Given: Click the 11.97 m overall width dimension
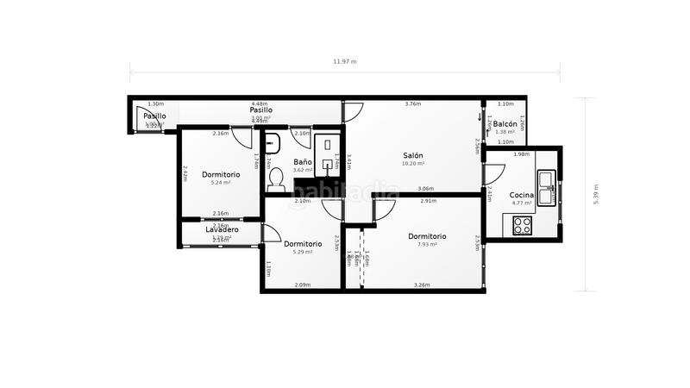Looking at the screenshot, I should pyautogui.click(x=345, y=62).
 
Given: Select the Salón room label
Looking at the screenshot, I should pyautogui.click(x=412, y=156).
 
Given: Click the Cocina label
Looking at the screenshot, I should pyautogui.click(x=521, y=196).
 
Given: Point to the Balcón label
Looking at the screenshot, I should pyautogui.click(x=505, y=124).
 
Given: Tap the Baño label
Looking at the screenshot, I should pyautogui.click(x=302, y=161).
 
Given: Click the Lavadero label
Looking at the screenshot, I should pyautogui.click(x=222, y=230).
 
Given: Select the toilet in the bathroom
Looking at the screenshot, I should pyautogui.click(x=276, y=178).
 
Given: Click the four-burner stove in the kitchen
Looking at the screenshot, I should pyautogui.click(x=523, y=225).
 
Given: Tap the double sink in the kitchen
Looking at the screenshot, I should pyautogui.click(x=546, y=181).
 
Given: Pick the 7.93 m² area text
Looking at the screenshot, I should pyautogui.click(x=427, y=244).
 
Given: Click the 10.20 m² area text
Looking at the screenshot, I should pyautogui.click(x=413, y=164).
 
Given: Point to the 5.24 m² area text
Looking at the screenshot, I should pyautogui.click(x=222, y=183).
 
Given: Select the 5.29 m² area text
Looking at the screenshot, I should pyautogui.click(x=302, y=252).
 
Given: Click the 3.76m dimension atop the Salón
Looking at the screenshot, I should pyautogui.click(x=413, y=104).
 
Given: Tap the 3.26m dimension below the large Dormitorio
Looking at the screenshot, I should pyautogui.click(x=422, y=285).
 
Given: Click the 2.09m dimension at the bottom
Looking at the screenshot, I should pyautogui.click(x=302, y=285).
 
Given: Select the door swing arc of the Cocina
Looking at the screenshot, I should pyautogui.click(x=493, y=173).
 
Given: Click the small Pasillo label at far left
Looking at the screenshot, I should pyautogui.click(x=154, y=116).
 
